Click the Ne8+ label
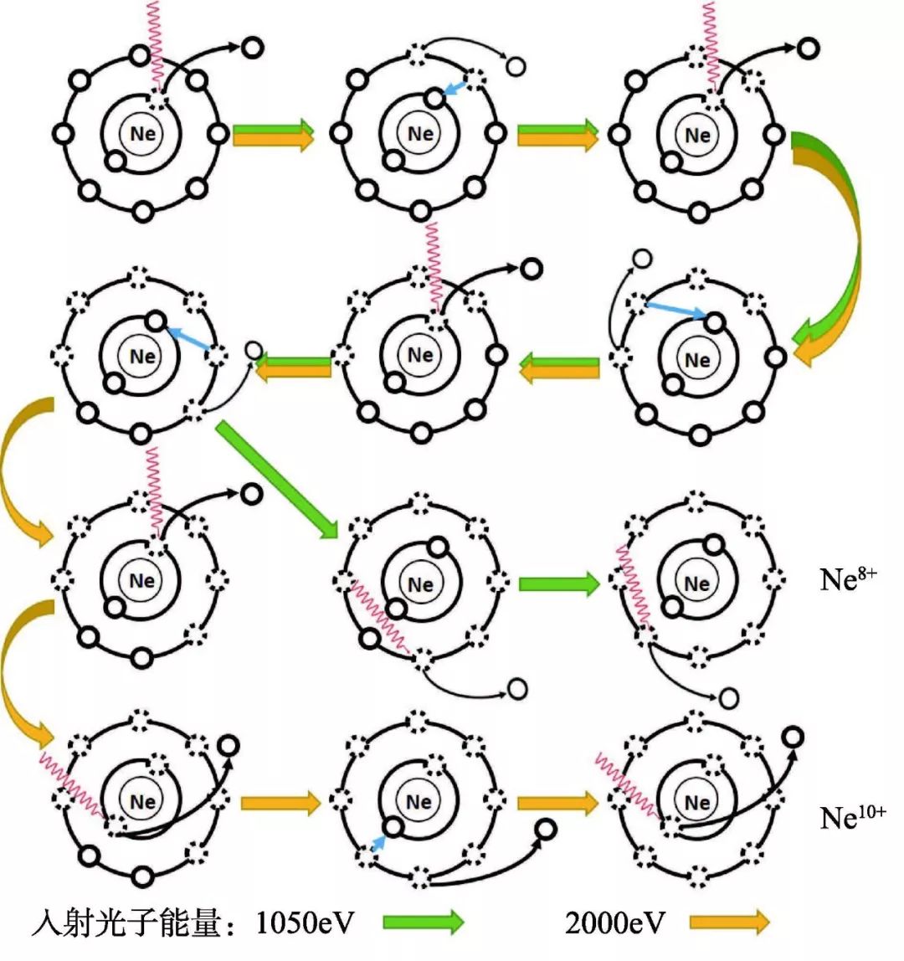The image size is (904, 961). [847, 579]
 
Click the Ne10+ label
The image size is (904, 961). [852, 816]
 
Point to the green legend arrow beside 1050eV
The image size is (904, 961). [423, 922]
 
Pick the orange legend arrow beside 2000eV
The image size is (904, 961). [729, 922]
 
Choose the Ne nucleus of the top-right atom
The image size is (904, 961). [696, 135]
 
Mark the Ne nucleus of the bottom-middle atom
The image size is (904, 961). [419, 802]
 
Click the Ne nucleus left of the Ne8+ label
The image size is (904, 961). [696, 583]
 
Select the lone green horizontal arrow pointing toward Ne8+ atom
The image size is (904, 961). [558, 583]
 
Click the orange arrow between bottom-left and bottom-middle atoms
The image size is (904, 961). [280, 804]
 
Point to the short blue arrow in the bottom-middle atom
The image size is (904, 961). [378, 840]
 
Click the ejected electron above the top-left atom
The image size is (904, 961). [250, 48]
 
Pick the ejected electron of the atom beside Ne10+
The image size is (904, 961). [792, 736]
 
